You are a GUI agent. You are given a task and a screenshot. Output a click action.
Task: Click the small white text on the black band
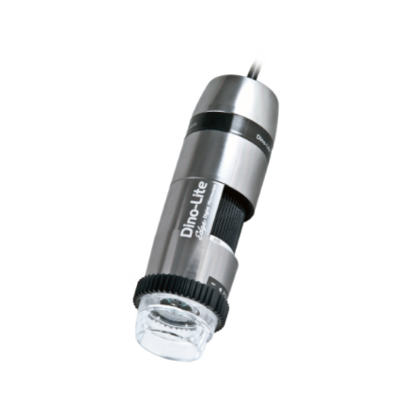click(x=266, y=141)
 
